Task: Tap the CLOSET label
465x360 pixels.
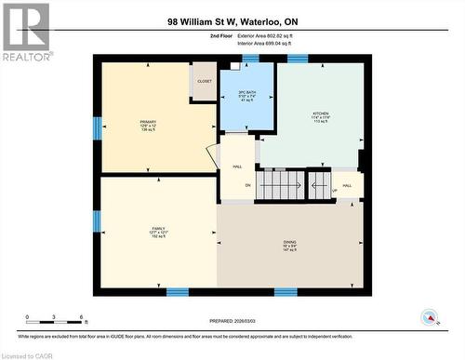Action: [x=205, y=81]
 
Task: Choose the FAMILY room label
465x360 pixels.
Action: [x=159, y=228]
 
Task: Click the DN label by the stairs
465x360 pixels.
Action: [x=248, y=185]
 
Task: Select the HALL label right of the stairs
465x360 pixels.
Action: [x=347, y=185]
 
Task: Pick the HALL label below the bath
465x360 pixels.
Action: [x=238, y=167]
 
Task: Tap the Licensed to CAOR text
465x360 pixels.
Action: [x=27, y=354]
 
